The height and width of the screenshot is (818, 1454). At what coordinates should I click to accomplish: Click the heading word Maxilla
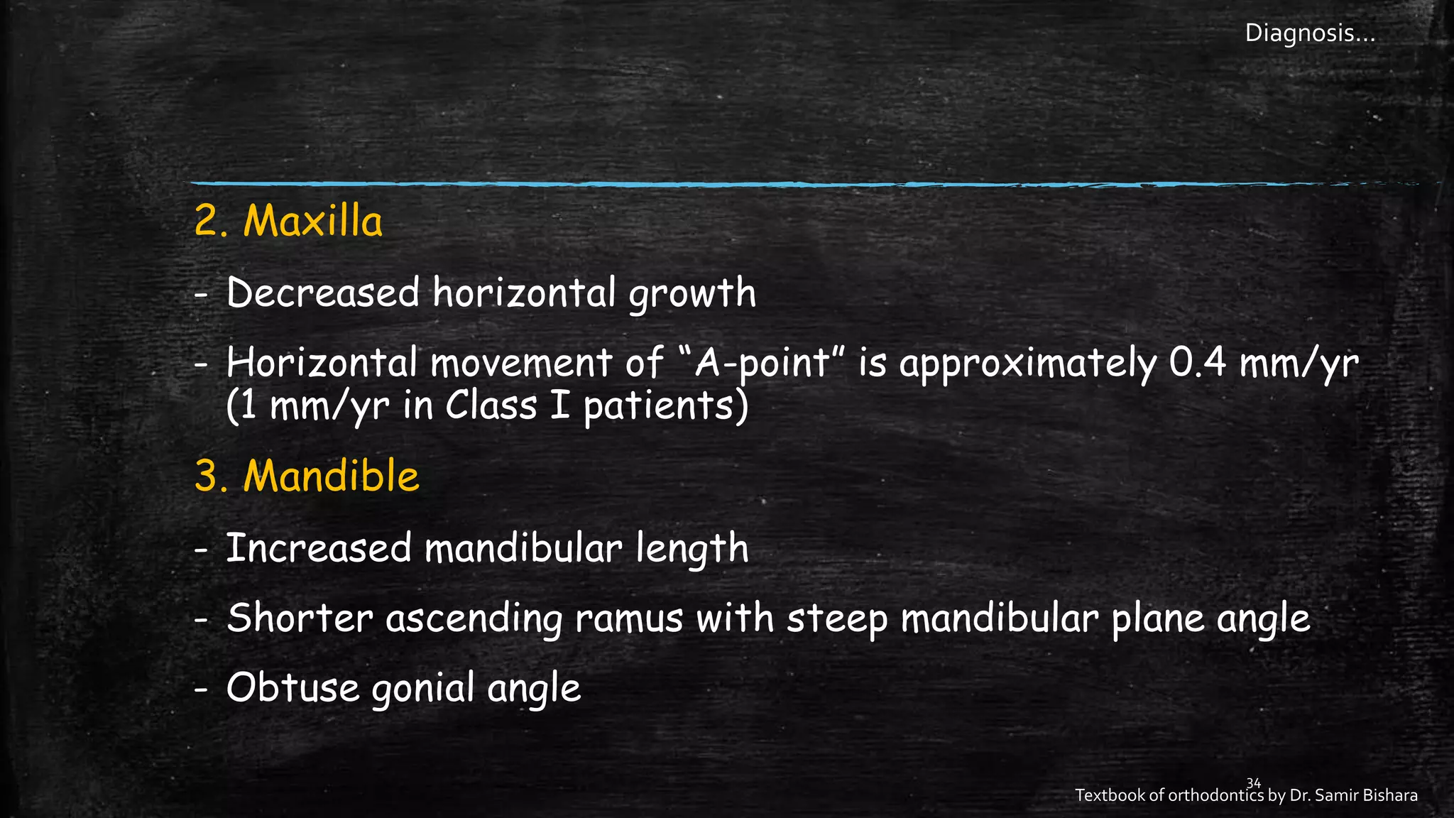coord(312,221)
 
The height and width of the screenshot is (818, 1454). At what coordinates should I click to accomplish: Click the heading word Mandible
coord(331,476)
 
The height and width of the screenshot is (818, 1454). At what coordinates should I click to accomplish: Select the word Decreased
coord(323,293)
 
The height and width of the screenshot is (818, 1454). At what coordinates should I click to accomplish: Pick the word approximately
coord(1028,364)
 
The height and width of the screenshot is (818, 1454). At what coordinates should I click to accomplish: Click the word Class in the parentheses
coord(491,406)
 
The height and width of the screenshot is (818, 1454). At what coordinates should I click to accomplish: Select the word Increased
coord(319,548)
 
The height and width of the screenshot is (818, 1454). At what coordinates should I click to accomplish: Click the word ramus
coord(629,618)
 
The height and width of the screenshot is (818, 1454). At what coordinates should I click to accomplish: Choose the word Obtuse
coord(293,687)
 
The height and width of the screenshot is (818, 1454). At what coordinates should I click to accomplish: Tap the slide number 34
coord(1254,783)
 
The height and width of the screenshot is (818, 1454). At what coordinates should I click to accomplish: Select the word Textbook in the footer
coord(1109,796)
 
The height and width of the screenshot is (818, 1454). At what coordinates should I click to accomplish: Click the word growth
coord(692,294)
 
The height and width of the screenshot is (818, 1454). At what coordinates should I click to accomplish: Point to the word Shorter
coord(300,618)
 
